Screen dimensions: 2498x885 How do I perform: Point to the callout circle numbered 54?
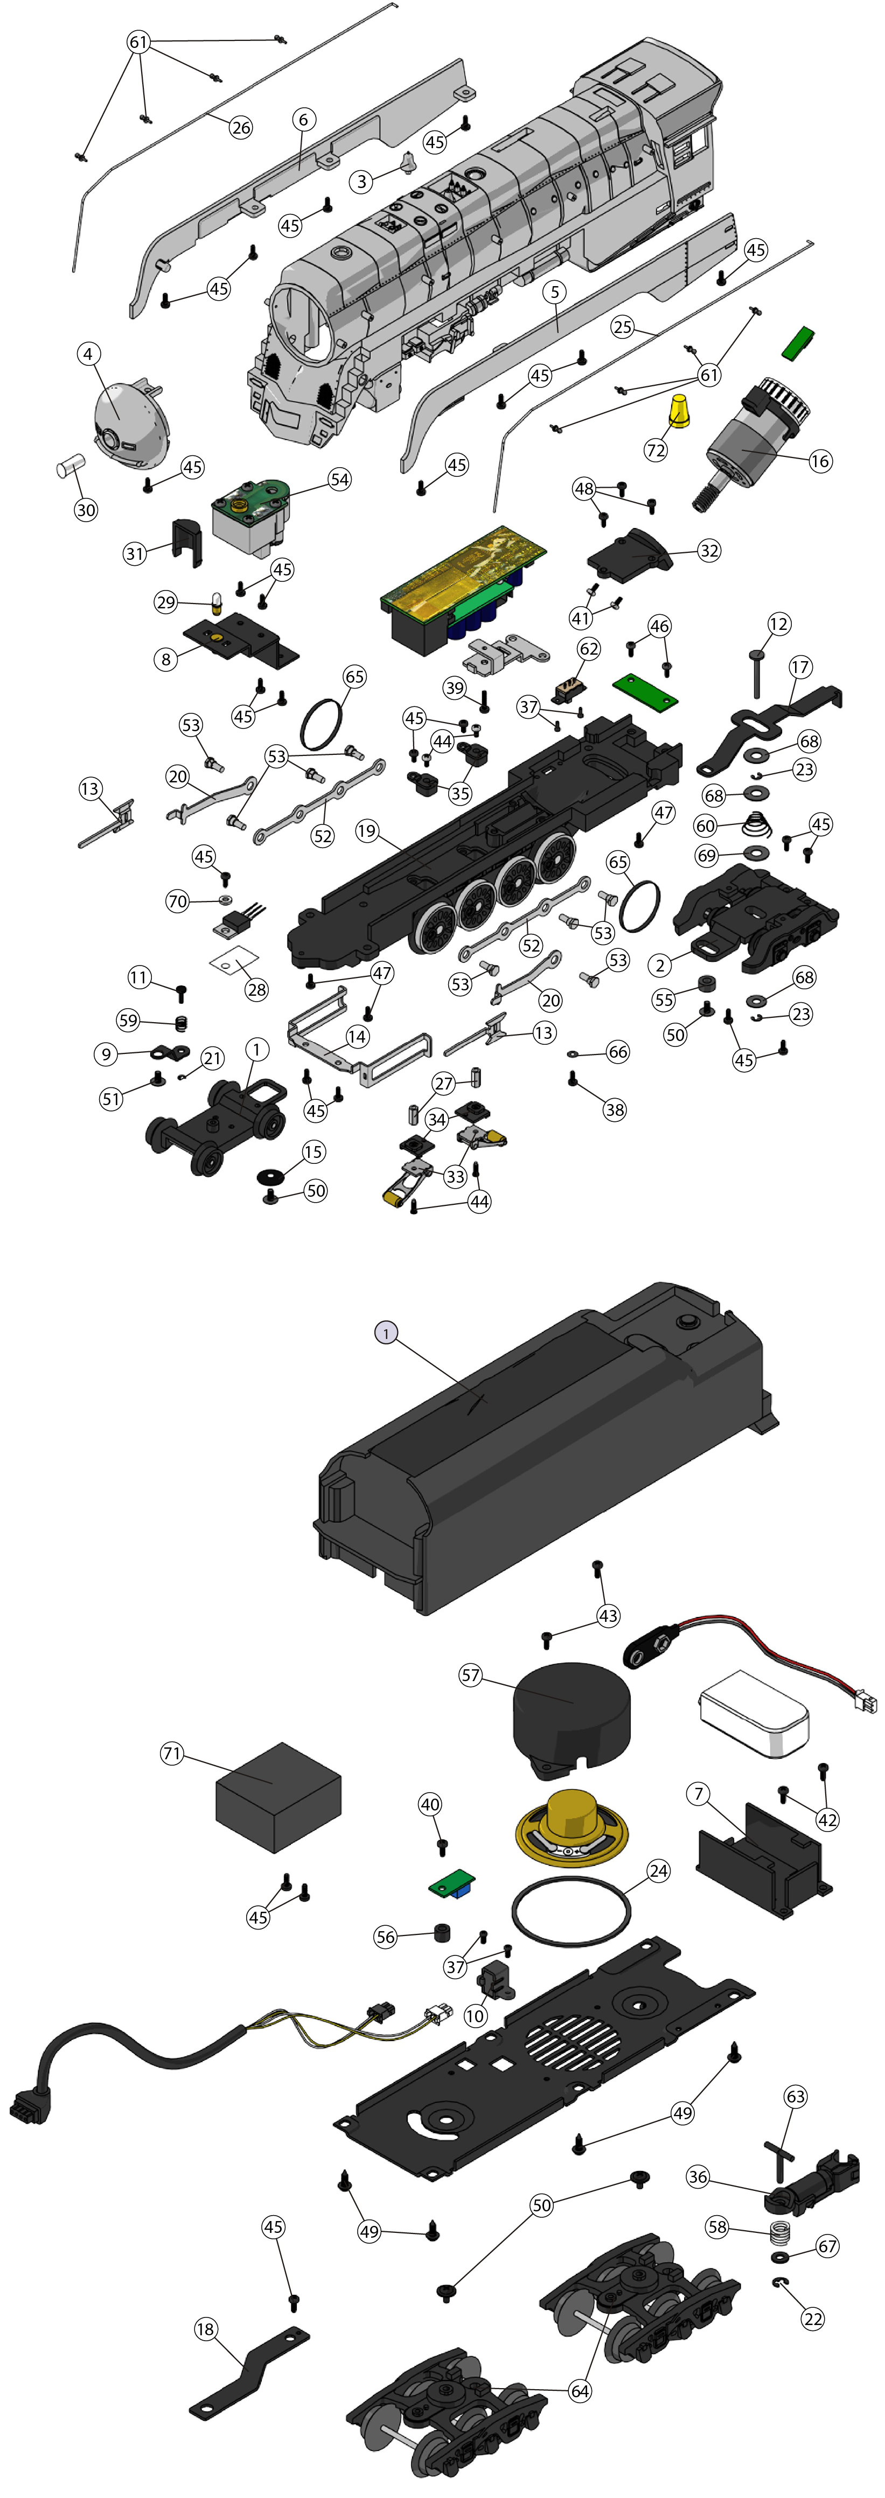[339, 479]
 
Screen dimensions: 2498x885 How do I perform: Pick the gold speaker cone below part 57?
[572, 1827]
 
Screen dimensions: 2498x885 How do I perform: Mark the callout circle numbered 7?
[698, 1794]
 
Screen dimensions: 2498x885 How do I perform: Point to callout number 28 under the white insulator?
[256, 989]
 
